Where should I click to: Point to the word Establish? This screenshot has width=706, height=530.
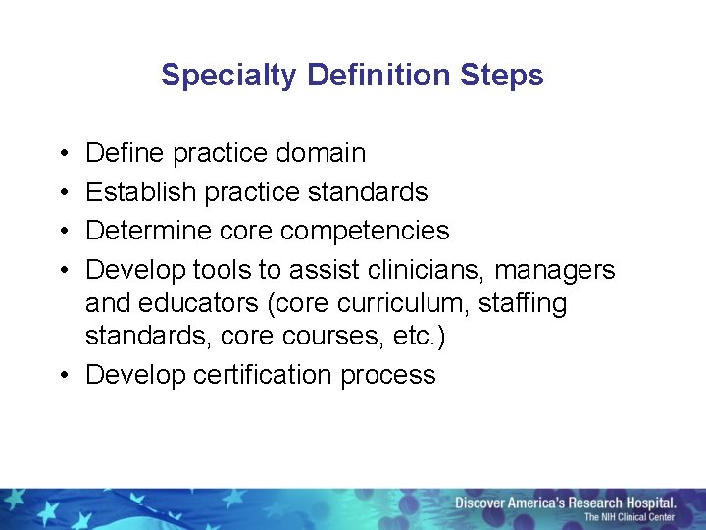[x=141, y=191]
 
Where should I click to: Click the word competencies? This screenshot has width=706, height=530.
[x=365, y=231]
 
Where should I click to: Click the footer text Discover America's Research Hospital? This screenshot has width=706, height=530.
[x=566, y=503]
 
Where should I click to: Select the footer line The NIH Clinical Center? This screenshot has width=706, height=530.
[x=630, y=517]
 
